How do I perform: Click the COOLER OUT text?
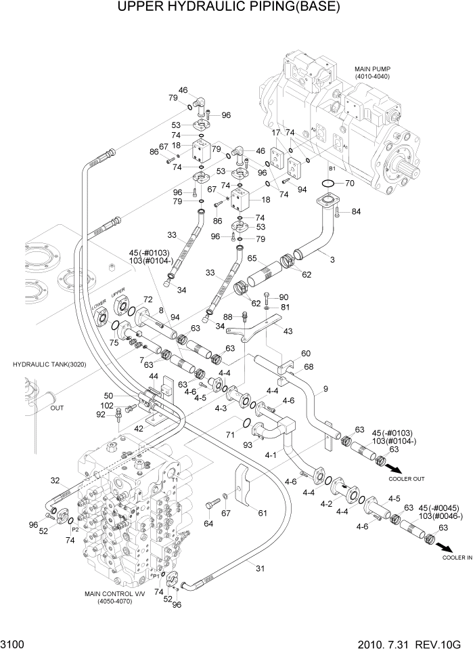[407, 479]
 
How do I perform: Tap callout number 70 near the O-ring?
[349, 183]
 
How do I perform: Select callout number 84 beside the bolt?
[356, 213]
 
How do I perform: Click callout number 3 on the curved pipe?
[332, 260]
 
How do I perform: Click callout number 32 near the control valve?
[55, 480]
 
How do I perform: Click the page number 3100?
[14, 646]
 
